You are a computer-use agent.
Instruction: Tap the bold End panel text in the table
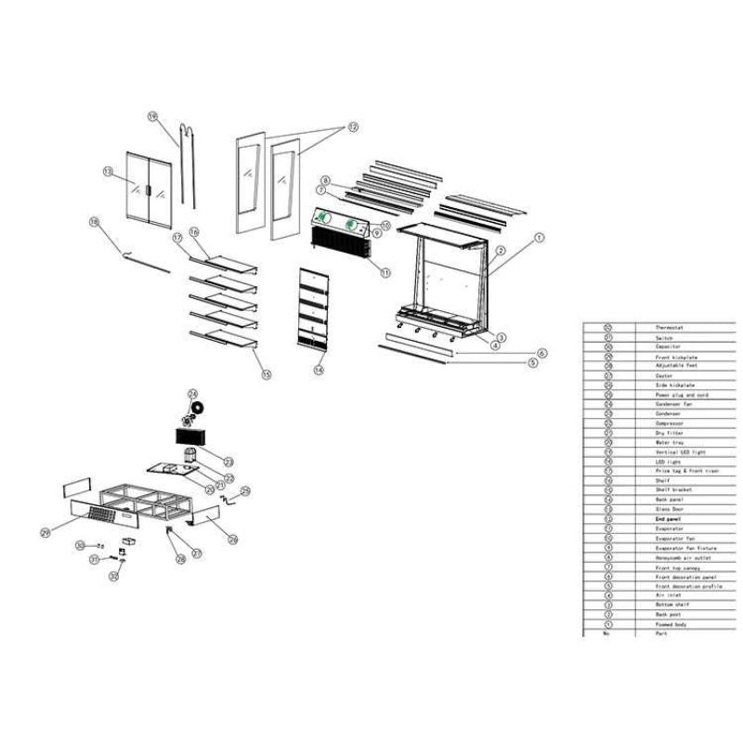(x=669, y=519)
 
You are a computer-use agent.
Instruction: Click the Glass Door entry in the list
(x=670, y=510)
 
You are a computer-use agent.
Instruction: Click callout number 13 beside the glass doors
(x=108, y=171)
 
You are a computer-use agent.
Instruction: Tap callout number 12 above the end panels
(x=353, y=125)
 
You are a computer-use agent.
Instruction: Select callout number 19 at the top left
(x=152, y=116)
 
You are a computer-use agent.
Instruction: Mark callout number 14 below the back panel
(x=318, y=369)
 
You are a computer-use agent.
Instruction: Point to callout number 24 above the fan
(x=192, y=394)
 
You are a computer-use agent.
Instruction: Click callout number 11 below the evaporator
(x=385, y=270)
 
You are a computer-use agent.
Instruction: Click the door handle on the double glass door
(x=146, y=190)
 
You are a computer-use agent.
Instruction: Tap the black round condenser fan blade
(x=200, y=408)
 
